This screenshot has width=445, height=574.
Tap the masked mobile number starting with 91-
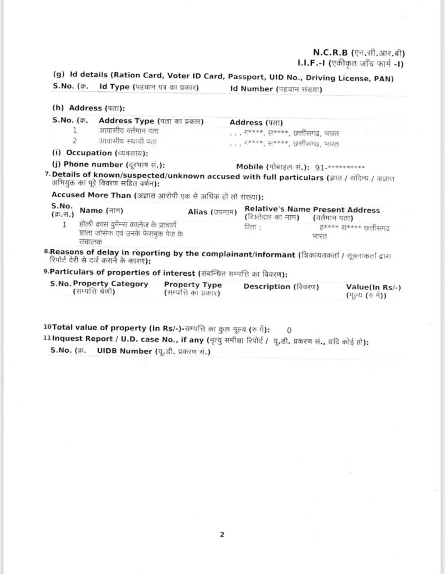point(340,167)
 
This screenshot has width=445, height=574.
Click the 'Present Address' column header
point(346,210)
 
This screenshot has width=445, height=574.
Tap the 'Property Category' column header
point(110,284)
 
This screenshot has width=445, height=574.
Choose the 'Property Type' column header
point(193,285)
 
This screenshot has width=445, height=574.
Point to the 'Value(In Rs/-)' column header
point(373,287)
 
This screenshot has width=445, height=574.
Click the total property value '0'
point(289,330)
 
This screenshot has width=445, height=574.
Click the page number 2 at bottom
point(222,534)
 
